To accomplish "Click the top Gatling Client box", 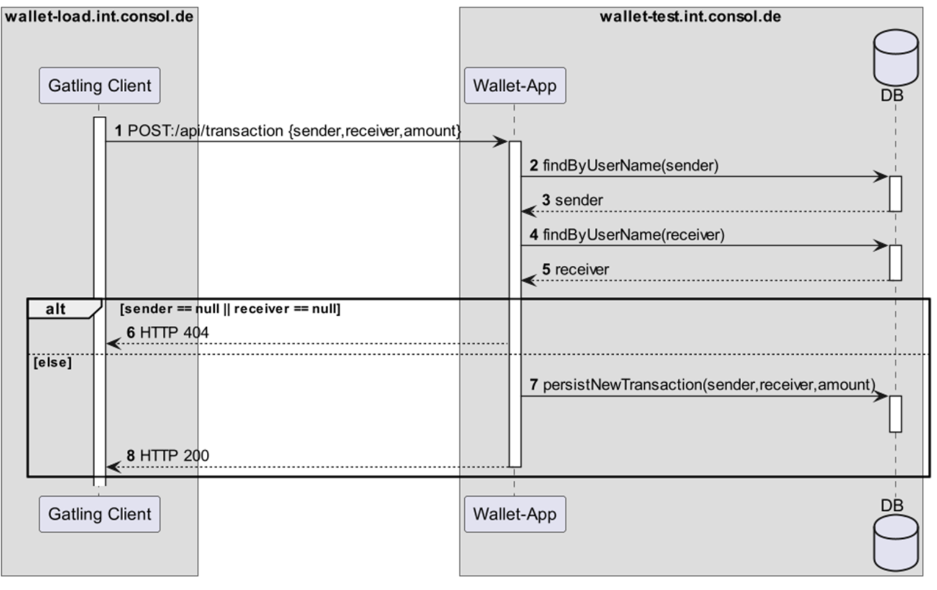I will pos(99,85).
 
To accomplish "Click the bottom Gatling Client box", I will pos(99,514).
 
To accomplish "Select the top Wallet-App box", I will pos(514,85).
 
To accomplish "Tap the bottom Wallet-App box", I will pos(514,514).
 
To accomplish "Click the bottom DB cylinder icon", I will pos(896,542).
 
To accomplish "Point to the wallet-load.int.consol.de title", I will pos(99,16).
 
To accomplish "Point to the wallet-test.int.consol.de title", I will pos(690,16).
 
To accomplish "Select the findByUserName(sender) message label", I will pos(630,166).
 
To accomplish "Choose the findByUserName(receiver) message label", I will pos(633,235).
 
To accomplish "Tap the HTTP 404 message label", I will pos(174,333).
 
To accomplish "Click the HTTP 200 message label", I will pos(174,456).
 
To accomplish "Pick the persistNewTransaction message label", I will pos(708,385).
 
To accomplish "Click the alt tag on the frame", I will pos(56,309).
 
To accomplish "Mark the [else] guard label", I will pos(52,363).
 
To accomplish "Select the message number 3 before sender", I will pos(546,201).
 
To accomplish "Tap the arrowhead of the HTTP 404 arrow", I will pos(113,344).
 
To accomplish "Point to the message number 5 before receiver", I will pos(546,269).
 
